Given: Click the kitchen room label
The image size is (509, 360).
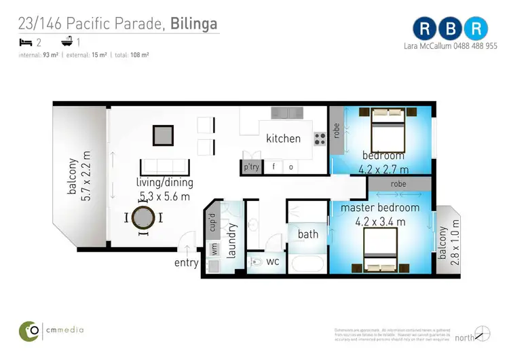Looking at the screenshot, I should [283, 139].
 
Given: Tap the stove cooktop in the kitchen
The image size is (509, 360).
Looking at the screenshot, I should [319, 139].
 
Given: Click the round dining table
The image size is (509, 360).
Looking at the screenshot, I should [143, 218].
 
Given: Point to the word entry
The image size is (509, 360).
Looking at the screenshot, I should [187, 263].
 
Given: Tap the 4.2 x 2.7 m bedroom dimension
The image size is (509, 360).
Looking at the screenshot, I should [385, 169].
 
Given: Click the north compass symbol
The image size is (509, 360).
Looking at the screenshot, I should [483, 334].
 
